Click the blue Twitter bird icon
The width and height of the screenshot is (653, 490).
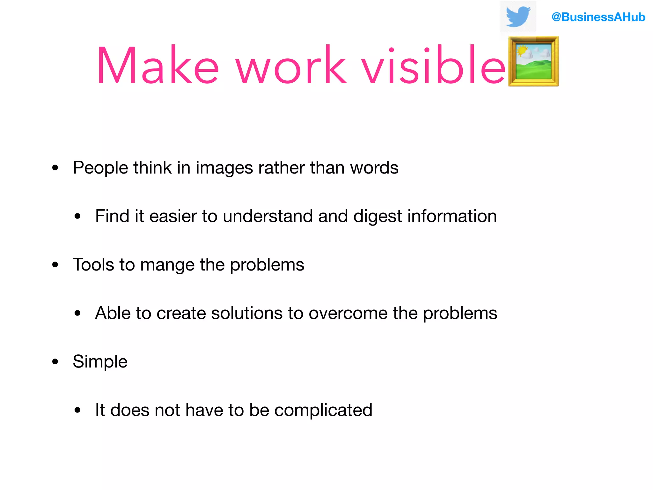pos(518,17)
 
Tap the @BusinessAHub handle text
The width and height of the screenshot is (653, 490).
pos(598,17)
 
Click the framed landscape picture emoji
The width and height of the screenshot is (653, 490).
pos(533,61)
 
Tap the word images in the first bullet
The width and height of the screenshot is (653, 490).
pos(224,168)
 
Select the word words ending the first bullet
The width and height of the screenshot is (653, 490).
pos(374,168)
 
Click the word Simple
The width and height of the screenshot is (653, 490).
pos(100,362)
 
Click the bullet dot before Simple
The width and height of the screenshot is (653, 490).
pos(55,361)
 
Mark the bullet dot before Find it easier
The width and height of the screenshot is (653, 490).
pos(77,217)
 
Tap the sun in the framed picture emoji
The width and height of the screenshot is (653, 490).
pos(522,50)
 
